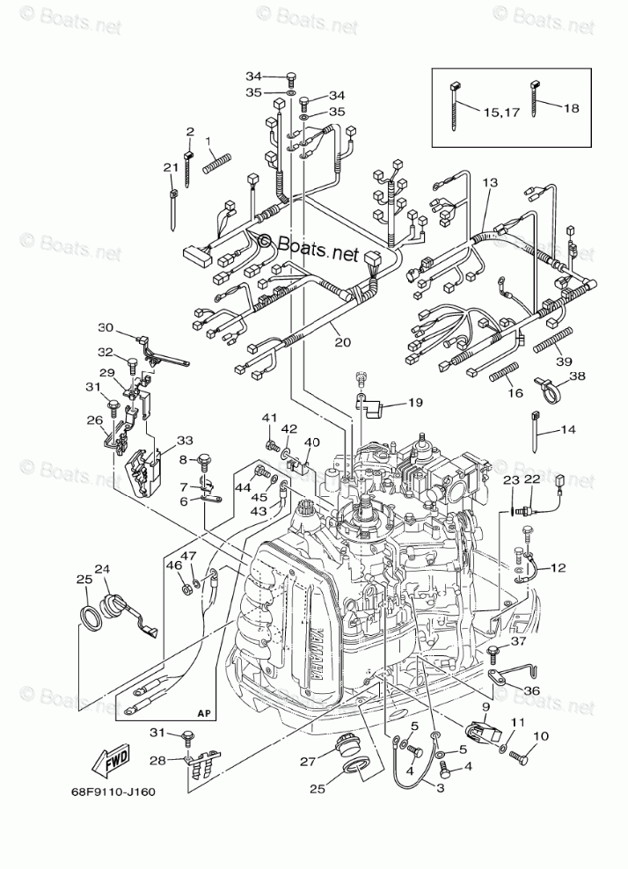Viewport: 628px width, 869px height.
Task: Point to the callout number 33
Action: point(184,440)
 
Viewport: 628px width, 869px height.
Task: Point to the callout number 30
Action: point(106,328)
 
